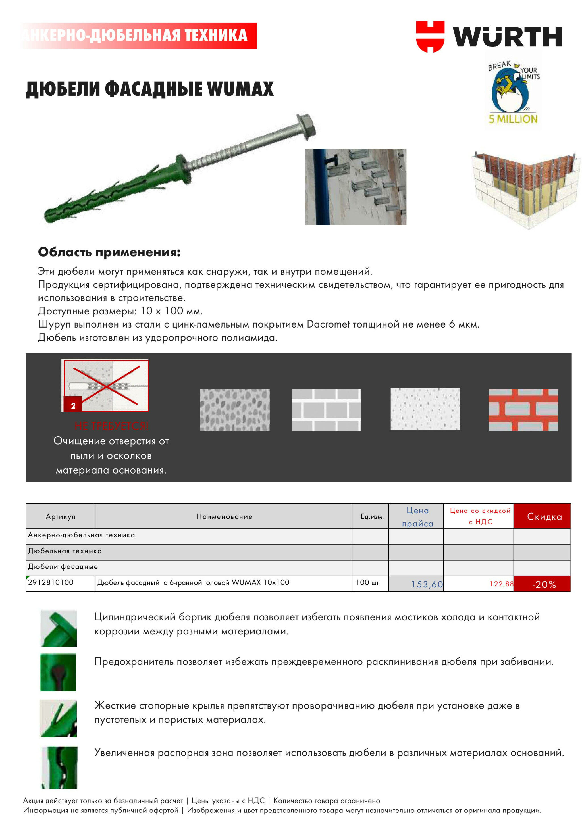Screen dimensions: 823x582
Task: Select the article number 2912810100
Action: (x=51, y=582)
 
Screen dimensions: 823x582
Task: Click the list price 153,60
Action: (x=427, y=584)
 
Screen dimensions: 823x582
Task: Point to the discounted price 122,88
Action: (x=501, y=584)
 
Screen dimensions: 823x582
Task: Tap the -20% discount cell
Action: (x=544, y=585)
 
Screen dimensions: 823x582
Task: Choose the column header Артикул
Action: (x=60, y=516)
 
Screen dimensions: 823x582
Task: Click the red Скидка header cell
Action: (x=544, y=516)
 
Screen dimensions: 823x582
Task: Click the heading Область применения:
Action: (x=109, y=252)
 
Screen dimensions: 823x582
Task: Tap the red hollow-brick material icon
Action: (x=523, y=410)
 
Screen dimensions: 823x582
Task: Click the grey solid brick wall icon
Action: (x=326, y=410)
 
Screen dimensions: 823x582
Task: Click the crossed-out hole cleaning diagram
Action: (x=105, y=385)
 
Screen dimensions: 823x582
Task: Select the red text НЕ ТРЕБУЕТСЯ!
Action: (x=111, y=426)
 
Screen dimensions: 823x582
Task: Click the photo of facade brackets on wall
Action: (x=356, y=187)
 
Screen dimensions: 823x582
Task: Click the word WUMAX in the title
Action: (x=240, y=89)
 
